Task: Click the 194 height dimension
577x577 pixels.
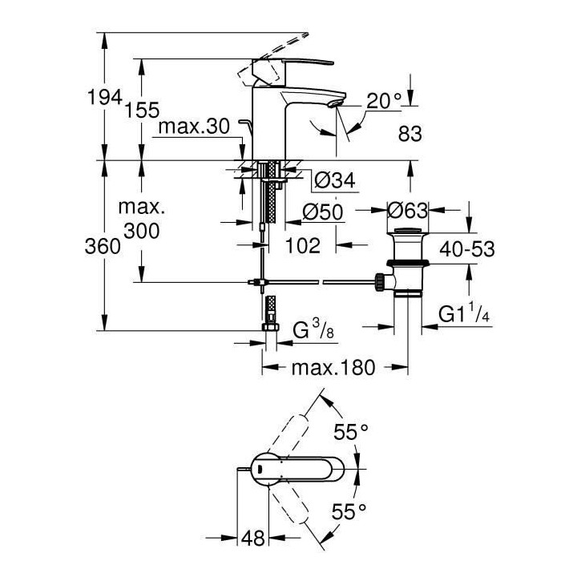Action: [x=105, y=97]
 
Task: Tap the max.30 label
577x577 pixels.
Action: [x=194, y=127]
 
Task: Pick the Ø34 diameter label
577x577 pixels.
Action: [x=329, y=182]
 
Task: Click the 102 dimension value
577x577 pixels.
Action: [x=303, y=245]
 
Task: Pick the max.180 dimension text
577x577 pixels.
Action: [x=321, y=369]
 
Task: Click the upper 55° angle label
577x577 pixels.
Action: [x=350, y=432]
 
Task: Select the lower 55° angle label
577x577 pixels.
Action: [x=350, y=509]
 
